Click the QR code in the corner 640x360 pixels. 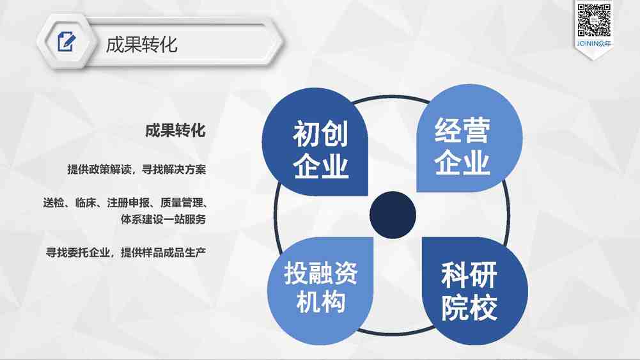pyautogui.click(x=594, y=20)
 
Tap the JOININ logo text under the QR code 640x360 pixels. pyautogui.click(x=594, y=43)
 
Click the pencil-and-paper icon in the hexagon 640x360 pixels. pyautogui.click(x=66, y=42)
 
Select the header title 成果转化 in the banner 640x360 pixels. pyautogui.click(x=141, y=45)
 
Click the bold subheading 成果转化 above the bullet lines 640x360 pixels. pyautogui.click(x=175, y=130)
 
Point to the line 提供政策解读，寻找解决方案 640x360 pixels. pyautogui.click(x=136, y=169)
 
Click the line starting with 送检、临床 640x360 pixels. pyautogui.click(x=125, y=203)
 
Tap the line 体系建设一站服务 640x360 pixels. pyautogui.click(x=163, y=219)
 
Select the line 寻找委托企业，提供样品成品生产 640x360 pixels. pyautogui.click(x=126, y=253)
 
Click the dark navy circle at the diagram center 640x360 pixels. pyautogui.click(x=393, y=215)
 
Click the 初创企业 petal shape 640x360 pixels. pyautogui.click(x=315, y=142)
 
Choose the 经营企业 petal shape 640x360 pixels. pyautogui.click(x=469, y=138)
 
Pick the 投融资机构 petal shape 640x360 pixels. pyautogui.click(x=320, y=290)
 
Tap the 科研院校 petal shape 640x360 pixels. pyautogui.click(x=474, y=290)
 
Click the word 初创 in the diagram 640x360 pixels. pyautogui.click(x=320, y=134)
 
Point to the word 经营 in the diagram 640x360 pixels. pyautogui.click(x=462, y=130)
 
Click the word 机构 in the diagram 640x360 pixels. pyautogui.click(x=321, y=302)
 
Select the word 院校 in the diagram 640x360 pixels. pyautogui.click(x=469, y=308)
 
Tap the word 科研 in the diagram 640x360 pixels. pyautogui.click(x=469, y=276)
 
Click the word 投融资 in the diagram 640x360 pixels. pyautogui.click(x=321, y=273)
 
